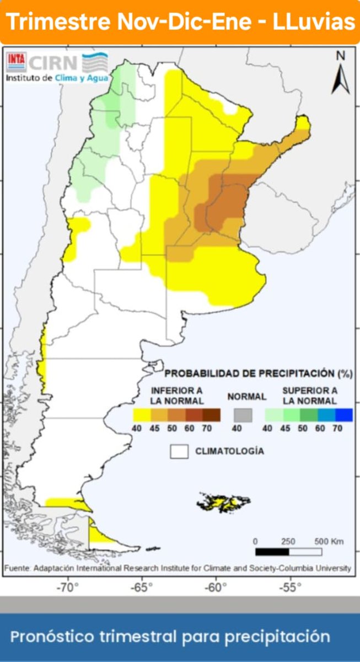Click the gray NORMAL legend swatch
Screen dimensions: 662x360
click(x=243, y=414)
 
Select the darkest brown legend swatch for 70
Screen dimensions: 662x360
click(x=211, y=414)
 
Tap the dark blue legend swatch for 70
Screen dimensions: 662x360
click(x=343, y=414)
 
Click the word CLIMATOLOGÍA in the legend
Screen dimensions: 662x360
click(x=229, y=451)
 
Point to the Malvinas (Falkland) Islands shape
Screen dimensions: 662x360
click(x=223, y=502)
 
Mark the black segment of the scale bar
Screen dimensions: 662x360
click(x=272, y=552)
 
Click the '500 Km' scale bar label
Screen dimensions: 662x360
click(x=329, y=541)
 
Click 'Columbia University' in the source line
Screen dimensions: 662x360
click(x=316, y=568)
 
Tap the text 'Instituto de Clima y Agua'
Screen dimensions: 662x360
click(x=57, y=78)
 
